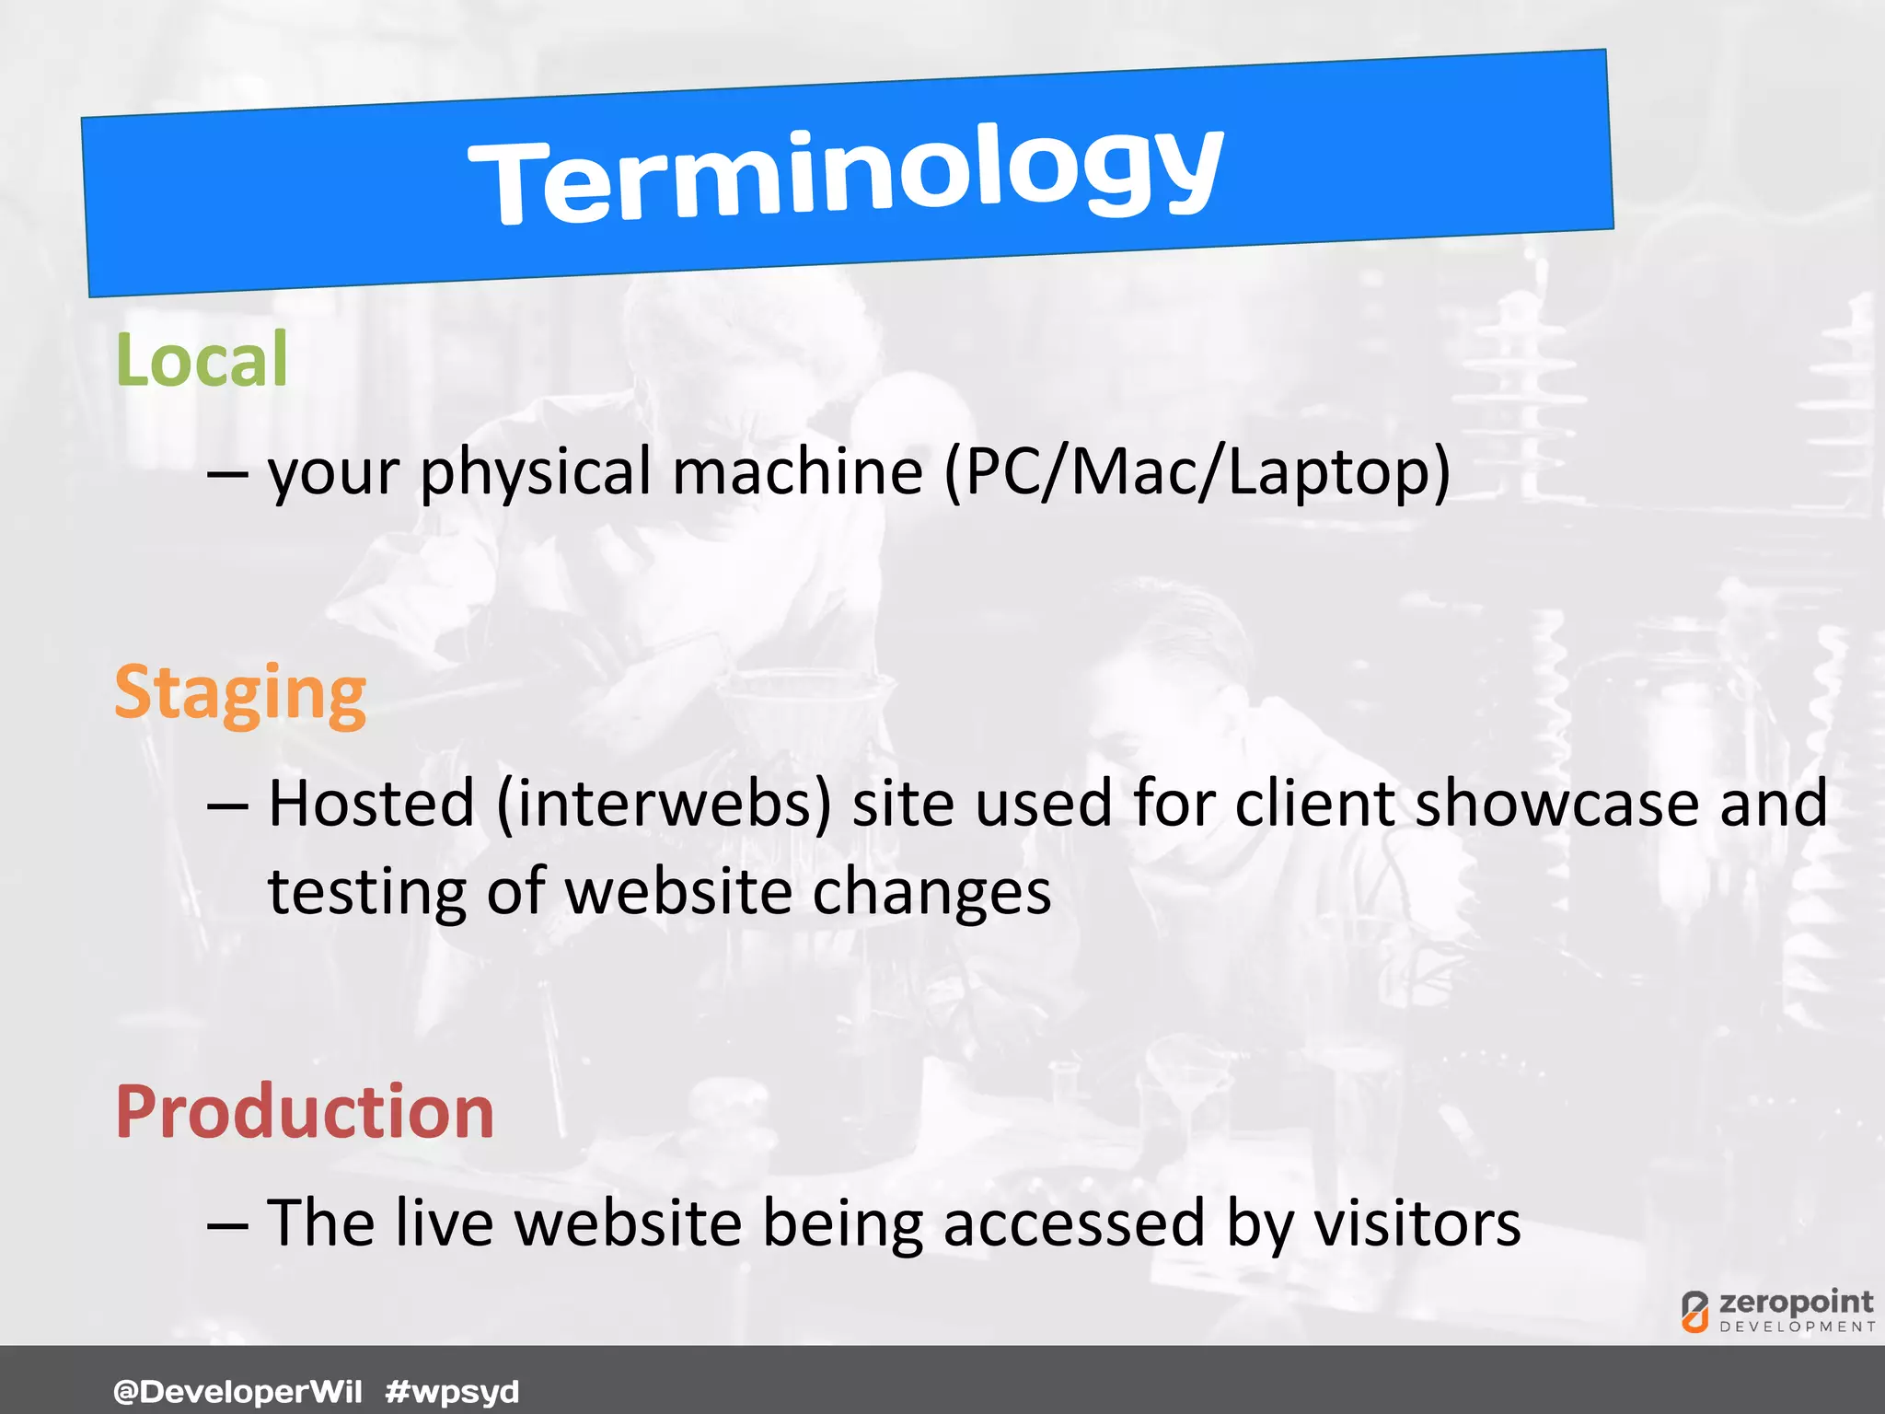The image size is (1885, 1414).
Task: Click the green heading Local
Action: (x=202, y=360)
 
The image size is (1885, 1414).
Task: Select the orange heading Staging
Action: (x=240, y=694)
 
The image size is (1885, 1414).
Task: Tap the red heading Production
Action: (x=305, y=1112)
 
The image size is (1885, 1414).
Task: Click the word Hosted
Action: (x=371, y=805)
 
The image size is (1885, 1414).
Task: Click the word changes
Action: (x=931, y=893)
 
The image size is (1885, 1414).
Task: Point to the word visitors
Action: (x=1417, y=1224)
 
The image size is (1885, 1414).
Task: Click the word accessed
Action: (x=1073, y=1224)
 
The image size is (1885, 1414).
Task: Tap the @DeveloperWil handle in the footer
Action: (x=237, y=1391)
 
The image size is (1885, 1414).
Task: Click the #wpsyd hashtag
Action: (x=452, y=1391)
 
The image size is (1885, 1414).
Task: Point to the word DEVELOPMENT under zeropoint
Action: (x=1797, y=1327)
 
